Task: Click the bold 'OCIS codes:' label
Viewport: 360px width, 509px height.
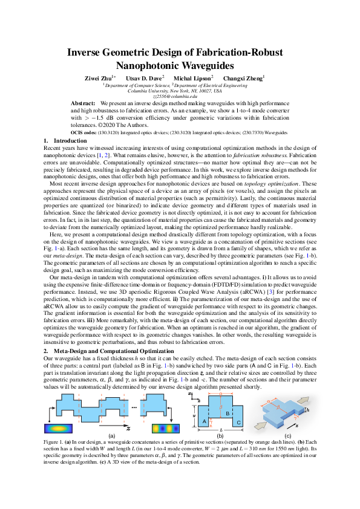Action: (85, 132)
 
